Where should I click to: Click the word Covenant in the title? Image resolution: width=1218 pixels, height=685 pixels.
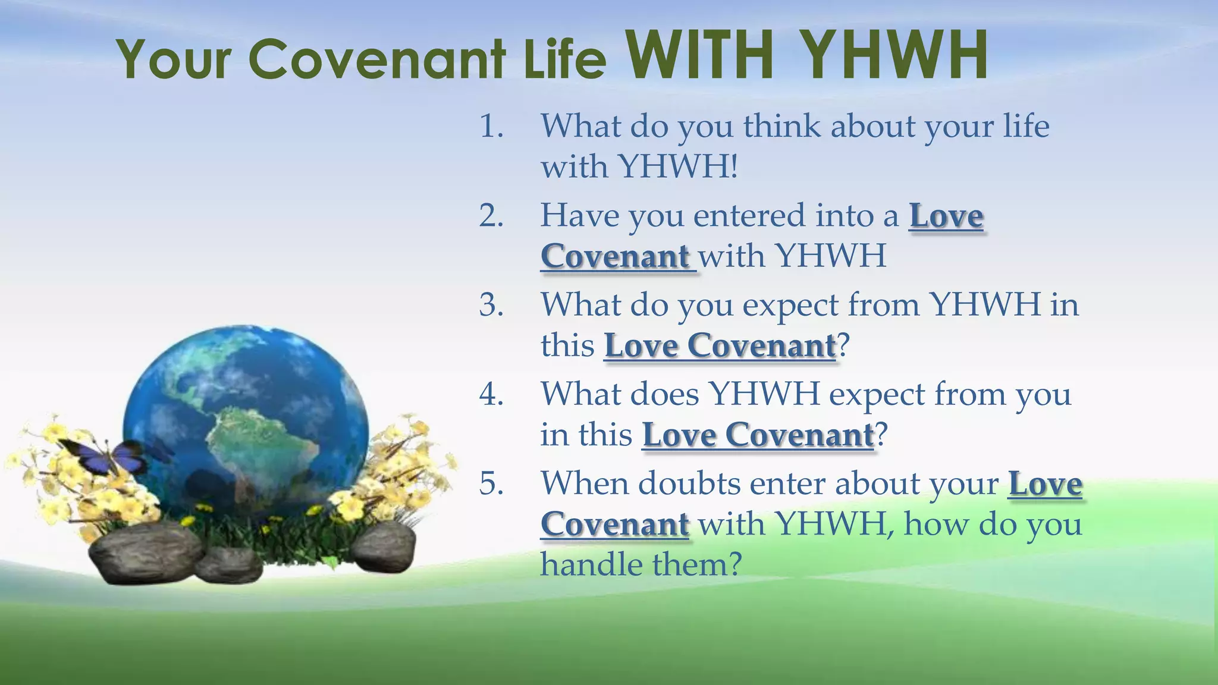[x=378, y=59]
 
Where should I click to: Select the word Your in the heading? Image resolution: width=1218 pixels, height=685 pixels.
[x=174, y=59]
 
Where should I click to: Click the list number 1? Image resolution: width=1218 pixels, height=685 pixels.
[x=491, y=127]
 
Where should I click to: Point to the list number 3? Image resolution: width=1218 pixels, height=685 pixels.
[x=491, y=305]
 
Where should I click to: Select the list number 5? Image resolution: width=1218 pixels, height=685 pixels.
[x=491, y=483]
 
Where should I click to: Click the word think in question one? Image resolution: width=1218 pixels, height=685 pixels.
[x=781, y=127]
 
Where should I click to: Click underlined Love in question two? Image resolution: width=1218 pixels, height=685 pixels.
[x=946, y=216]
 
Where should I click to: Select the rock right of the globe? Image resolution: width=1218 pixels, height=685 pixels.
[x=383, y=548]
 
